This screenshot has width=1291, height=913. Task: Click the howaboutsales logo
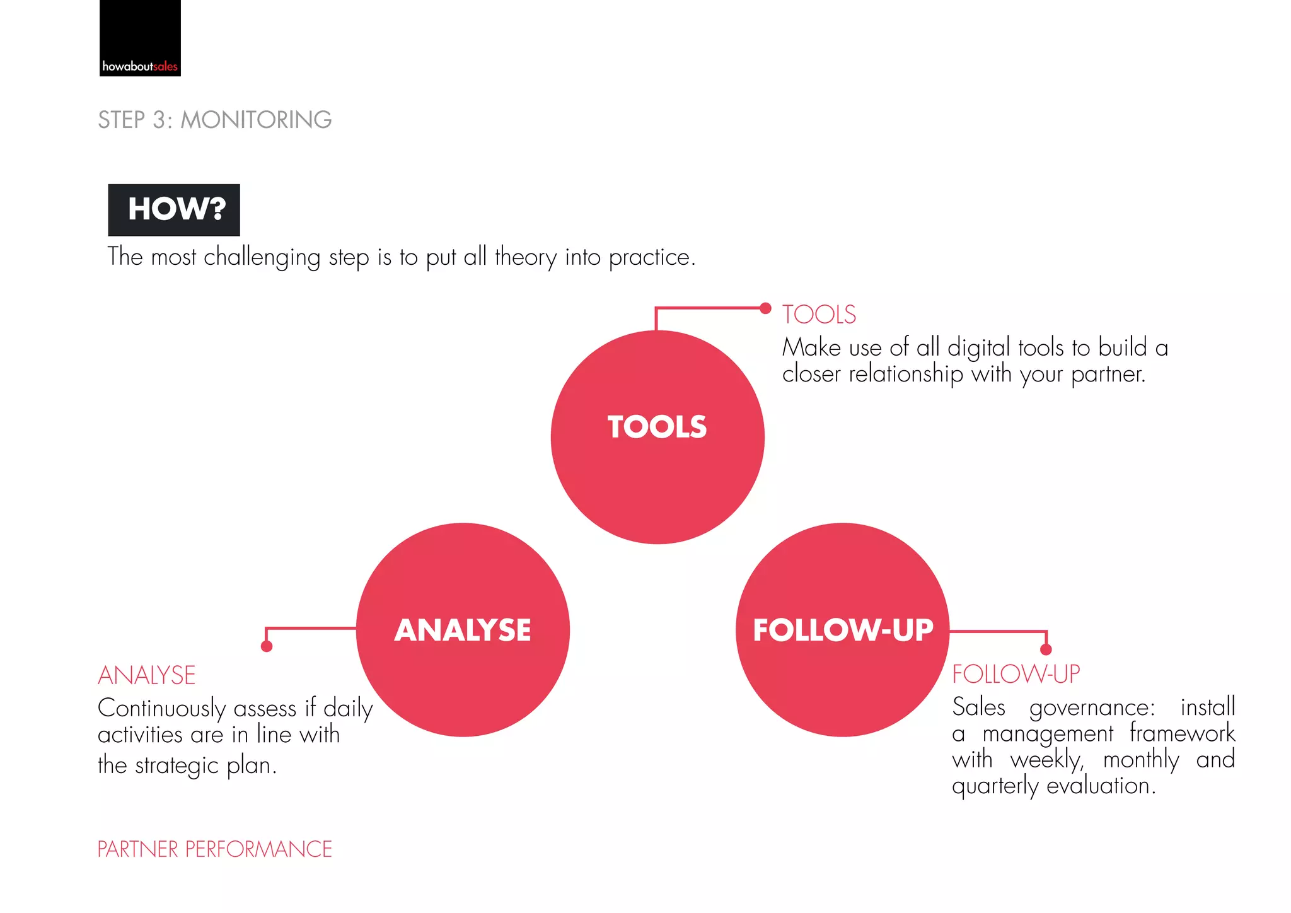coord(140,38)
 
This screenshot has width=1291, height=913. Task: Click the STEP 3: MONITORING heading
coord(215,120)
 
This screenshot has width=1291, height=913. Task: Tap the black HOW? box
coord(174,210)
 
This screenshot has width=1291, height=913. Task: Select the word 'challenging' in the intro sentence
coord(262,258)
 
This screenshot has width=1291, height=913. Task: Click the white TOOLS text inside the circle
coord(657,427)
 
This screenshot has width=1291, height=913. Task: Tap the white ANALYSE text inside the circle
coord(463,630)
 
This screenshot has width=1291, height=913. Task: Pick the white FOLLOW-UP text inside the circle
coord(843,630)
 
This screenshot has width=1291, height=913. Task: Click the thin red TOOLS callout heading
coord(819,315)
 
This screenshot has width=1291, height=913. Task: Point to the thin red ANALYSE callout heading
coord(147,675)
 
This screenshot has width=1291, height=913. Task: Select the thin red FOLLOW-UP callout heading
coord(1016,674)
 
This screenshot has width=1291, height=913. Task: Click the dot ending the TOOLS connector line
coord(765,308)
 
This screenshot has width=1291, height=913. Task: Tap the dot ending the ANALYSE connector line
coord(267,646)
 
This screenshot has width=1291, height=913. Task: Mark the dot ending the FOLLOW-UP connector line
coord(1046,649)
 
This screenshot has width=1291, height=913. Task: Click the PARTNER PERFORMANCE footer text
coord(214,849)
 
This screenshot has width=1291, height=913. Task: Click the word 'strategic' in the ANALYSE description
coord(177,766)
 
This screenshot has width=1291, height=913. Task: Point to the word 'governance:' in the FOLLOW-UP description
coord(1092,708)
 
